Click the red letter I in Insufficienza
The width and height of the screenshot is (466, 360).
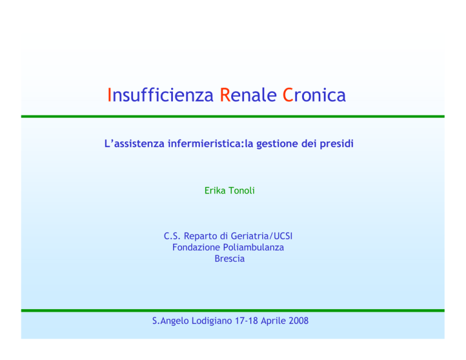[109, 95]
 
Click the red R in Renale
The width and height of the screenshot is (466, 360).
[225, 95]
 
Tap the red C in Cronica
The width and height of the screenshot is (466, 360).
[288, 95]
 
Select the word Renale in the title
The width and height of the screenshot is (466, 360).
[248, 95]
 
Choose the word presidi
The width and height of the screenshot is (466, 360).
[336, 144]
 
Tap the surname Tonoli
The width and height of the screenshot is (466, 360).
[241, 191]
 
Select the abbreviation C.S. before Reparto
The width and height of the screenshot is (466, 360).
[172, 236]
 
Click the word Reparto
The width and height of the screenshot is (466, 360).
[201, 237]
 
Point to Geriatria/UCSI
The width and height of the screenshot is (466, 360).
[262, 236]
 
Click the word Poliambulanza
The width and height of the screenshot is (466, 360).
[254, 247]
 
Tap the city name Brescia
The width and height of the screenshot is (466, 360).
[229, 259]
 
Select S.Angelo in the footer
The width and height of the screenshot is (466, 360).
[171, 321]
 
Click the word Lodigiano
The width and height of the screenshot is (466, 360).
[212, 321]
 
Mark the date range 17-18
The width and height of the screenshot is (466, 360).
[246, 321]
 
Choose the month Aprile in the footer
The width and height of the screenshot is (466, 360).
[274, 321]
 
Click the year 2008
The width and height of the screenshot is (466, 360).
[299, 321]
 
